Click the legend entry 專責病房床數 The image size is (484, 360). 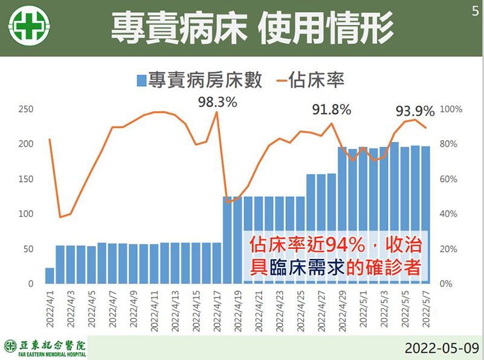coord(200,80)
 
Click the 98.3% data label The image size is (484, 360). coord(218,102)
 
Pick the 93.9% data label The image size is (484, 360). coord(415,111)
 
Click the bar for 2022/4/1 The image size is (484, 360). coord(50,276)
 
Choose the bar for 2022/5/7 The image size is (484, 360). coord(425,215)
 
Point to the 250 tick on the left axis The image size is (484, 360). coord(25,109)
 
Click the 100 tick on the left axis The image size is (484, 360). coord(25,214)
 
